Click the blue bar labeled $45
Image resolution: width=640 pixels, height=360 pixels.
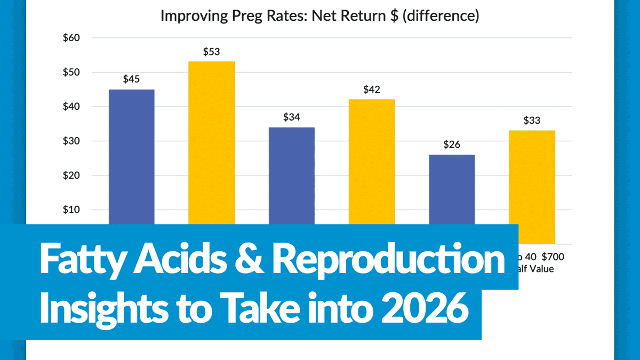click(131, 155)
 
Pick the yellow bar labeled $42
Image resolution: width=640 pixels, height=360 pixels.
click(372, 160)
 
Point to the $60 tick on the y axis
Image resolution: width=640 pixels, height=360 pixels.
click(71, 38)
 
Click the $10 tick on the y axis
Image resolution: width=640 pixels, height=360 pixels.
click(71, 210)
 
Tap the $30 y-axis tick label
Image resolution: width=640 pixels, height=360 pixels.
click(71, 141)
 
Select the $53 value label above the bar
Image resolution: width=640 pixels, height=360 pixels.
click(211, 52)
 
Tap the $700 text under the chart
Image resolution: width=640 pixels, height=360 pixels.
click(553, 257)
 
